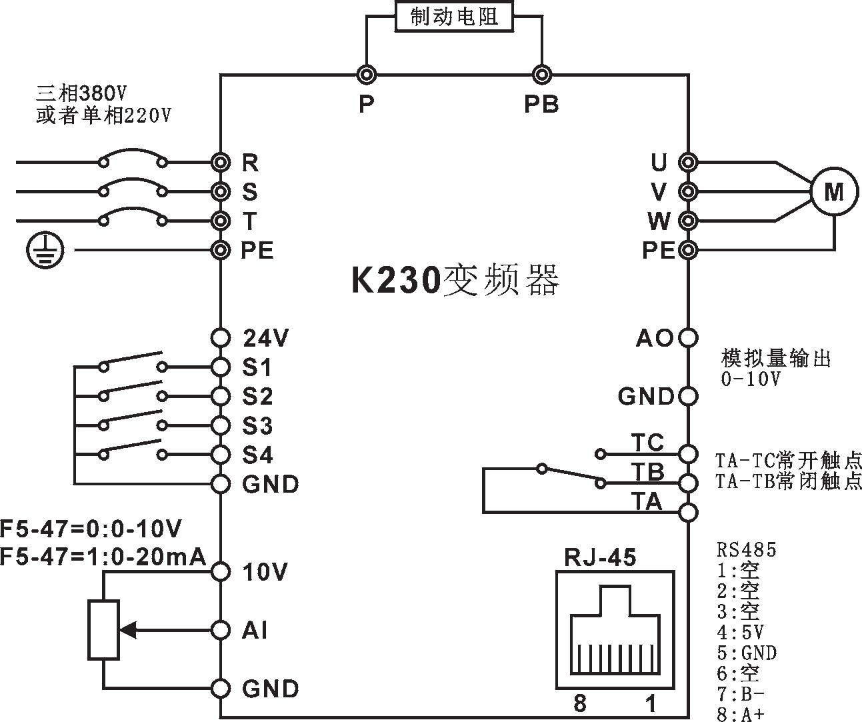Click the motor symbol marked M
833,192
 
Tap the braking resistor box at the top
454,17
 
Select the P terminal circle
366,75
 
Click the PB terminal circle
542,75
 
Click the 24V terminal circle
221,338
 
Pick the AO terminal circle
687,338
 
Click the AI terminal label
255,630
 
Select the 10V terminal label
265,572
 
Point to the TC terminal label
647,443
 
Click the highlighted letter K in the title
361,280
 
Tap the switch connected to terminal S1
132,361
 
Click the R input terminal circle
221,162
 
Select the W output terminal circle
687,221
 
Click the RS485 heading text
747,551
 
